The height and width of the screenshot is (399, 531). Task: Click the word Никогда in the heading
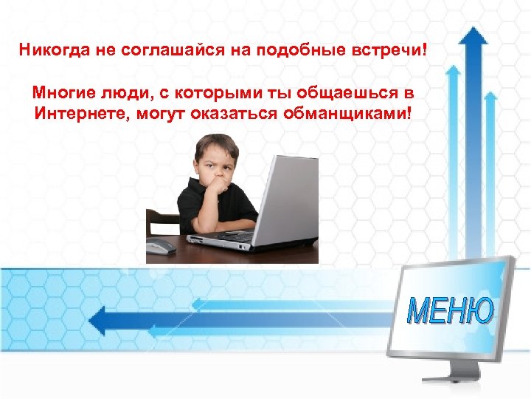pyautogui.click(x=49, y=52)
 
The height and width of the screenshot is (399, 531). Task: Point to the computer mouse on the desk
pyautogui.click(x=161, y=246)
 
